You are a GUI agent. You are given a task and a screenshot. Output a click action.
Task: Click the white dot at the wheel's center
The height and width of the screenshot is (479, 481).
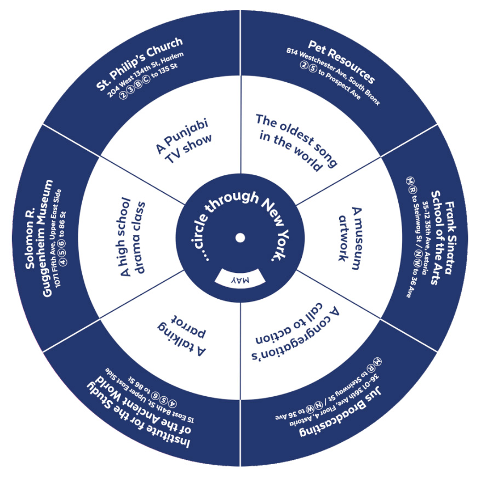[x=240, y=237]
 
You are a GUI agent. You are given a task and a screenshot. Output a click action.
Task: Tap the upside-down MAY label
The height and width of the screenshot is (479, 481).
[x=240, y=280]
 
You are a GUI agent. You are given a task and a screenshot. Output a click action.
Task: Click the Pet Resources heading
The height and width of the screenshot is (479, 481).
[x=341, y=61]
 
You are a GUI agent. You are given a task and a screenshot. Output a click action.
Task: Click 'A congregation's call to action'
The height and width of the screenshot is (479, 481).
[x=296, y=334]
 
